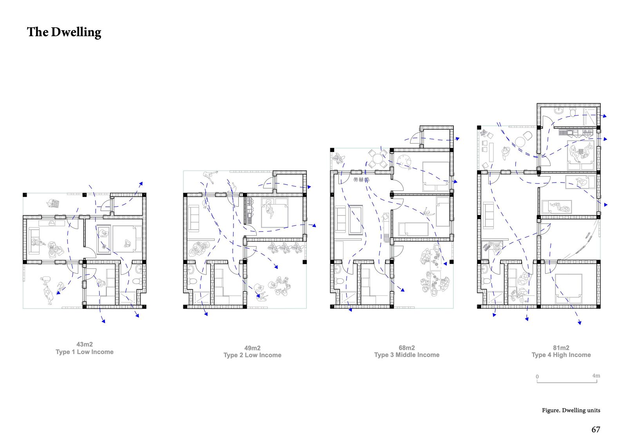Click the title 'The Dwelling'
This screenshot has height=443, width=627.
click(x=64, y=32)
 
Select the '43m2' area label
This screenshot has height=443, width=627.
click(x=85, y=345)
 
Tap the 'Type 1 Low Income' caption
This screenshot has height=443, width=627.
click(x=85, y=352)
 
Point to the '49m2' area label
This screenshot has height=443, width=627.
click(x=252, y=348)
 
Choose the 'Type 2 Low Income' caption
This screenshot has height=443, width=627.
click(x=252, y=355)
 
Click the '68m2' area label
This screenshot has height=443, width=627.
click(x=407, y=348)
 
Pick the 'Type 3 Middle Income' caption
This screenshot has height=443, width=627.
click(x=407, y=355)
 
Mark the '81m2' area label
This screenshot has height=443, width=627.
click(x=561, y=348)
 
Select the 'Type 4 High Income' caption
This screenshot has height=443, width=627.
click(x=561, y=355)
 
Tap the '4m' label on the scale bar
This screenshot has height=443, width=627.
click(x=596, y=376)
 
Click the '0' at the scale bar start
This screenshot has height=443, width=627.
click(x=537, y=377)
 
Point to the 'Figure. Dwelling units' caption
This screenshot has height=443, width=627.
click(x=571, y=410)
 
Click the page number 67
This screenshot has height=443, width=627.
click(x=596, y=430)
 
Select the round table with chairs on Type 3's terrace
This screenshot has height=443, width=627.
click(x=378, y=159)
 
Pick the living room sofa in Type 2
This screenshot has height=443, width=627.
click(x=194, y=219)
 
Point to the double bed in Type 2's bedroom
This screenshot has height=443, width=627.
click(x=275, y=213)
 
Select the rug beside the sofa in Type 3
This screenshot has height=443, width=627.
click(x=356, y=220)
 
